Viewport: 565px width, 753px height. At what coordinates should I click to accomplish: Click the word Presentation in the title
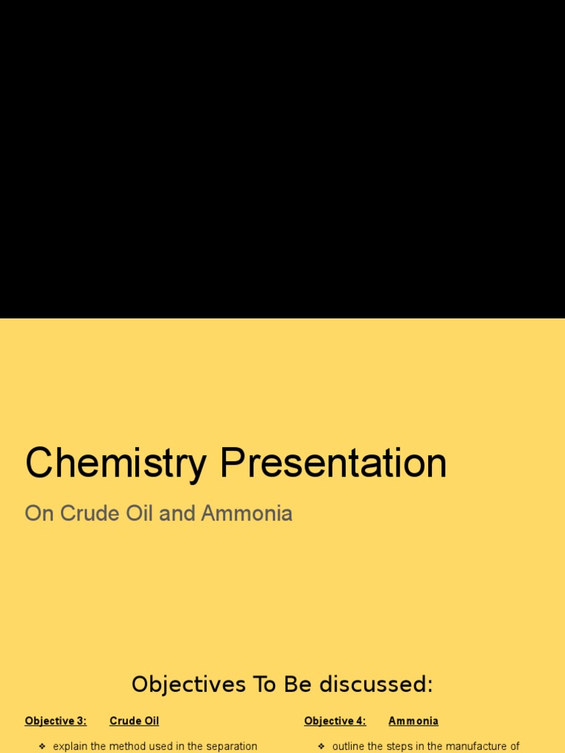333,464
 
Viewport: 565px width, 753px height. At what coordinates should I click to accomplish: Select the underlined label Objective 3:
56,721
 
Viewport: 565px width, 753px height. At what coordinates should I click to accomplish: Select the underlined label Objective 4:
335,721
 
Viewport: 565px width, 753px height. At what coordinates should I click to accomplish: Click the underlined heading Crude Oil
134,721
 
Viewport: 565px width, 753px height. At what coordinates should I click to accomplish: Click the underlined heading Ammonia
413,721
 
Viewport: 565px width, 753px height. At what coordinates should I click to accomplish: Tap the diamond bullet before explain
42,746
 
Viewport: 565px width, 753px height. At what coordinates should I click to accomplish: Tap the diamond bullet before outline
321,746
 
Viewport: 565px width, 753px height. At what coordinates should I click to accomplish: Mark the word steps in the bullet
400,746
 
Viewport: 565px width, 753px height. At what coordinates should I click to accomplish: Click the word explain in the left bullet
71,746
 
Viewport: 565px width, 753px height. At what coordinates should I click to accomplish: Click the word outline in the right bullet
349,746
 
